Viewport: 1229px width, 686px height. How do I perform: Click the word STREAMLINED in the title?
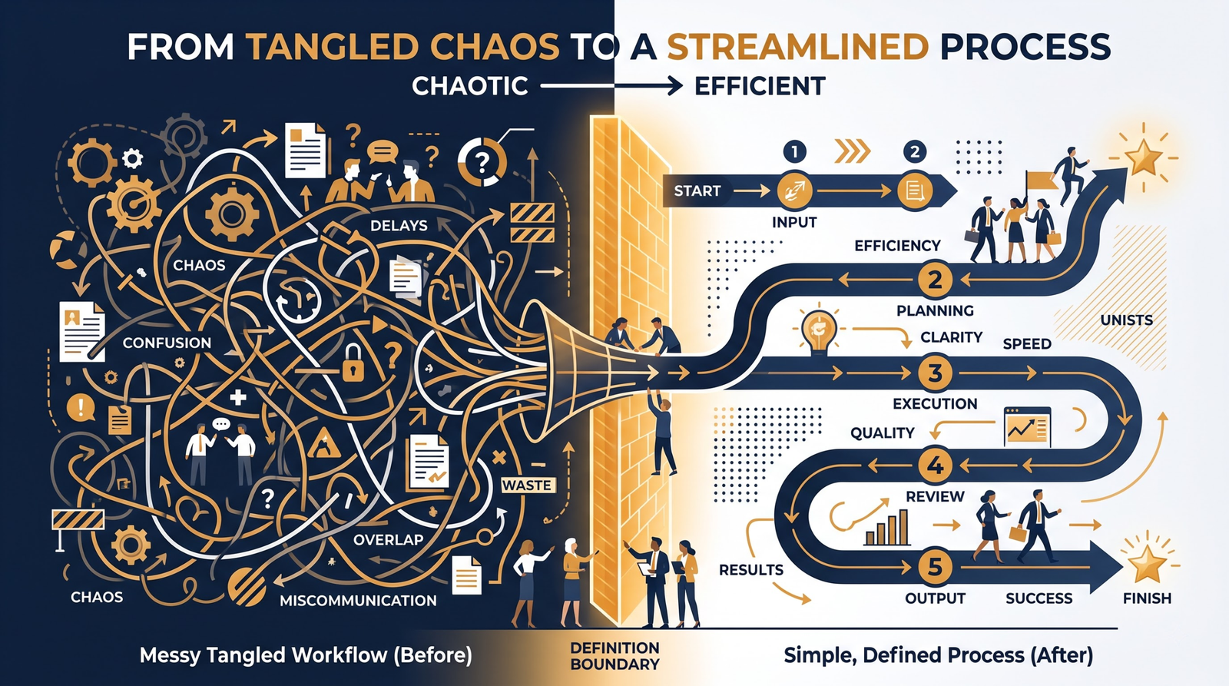[x=797, y=47]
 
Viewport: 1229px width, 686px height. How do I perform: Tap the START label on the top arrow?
[x=697, y=191]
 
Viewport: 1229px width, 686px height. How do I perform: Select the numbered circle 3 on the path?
[x=935, y=373]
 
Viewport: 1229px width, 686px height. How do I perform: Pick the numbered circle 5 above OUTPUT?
[x=935, y=566]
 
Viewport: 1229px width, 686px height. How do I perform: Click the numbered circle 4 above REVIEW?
[x=935, y=466]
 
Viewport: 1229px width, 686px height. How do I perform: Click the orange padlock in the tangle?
[x=353, y=363]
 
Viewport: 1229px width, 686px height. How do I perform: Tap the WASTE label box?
[x=527, y=486]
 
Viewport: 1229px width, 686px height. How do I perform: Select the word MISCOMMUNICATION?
[x=358, y=601]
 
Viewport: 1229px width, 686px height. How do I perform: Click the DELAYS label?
[x=399, y=225]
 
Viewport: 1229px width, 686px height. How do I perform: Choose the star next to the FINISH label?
[x=1146, y=564]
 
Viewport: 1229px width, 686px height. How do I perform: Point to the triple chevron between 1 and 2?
[x=852, y=151]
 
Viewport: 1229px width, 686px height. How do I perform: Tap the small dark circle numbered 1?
[x=794, y=151]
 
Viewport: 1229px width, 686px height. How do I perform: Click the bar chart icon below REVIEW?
[x=887, y=528]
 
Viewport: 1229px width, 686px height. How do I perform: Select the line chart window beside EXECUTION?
[x=1026, y=426]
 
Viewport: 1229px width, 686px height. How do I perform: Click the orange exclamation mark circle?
[x=81, y=408]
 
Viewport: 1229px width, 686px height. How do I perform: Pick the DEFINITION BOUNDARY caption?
[x=614, y=656]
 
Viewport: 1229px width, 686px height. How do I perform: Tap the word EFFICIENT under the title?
[x=760, y=86]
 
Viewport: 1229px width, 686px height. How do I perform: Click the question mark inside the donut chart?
[x=482, y=161]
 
